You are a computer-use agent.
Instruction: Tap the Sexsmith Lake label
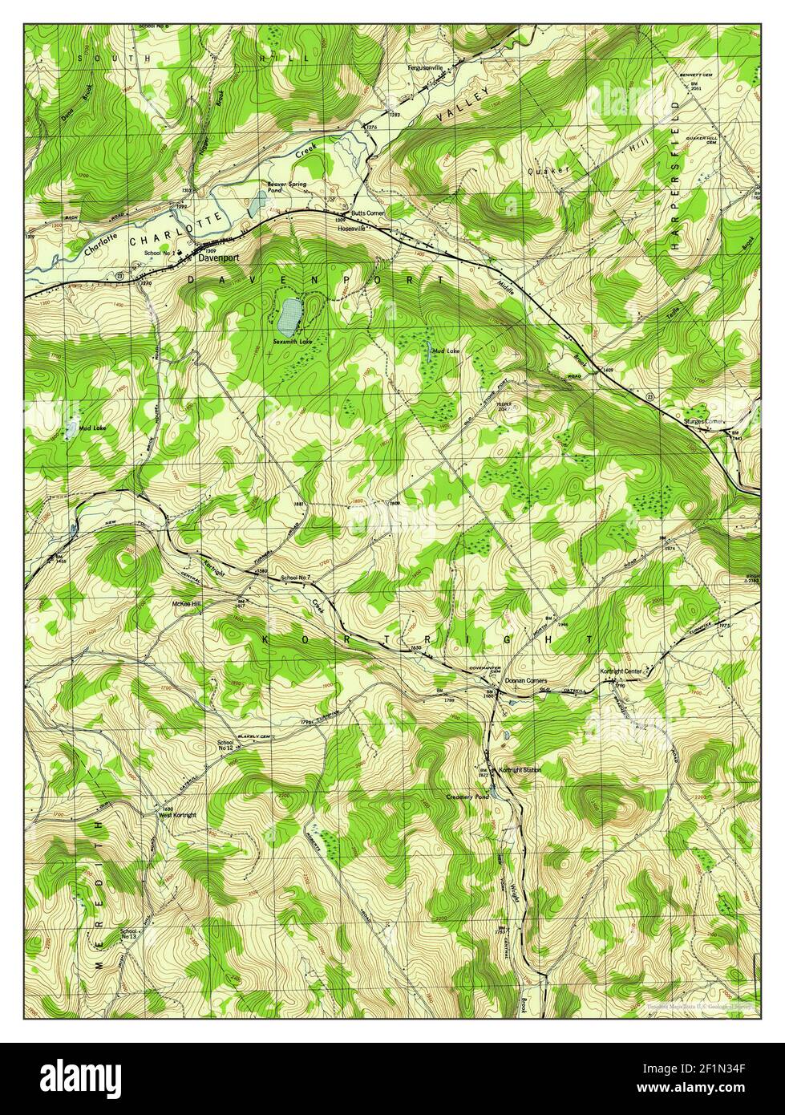tap(291, 342)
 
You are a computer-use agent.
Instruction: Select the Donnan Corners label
tap(525, 680)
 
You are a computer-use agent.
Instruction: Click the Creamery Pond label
tap(467, 797)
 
